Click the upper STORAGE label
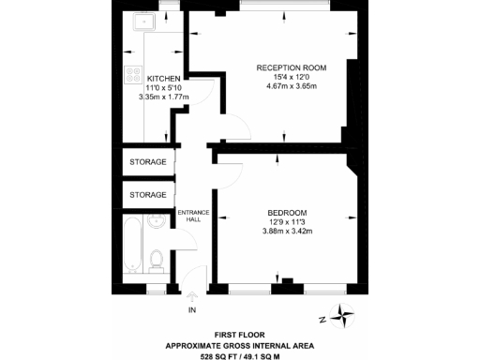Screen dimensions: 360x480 coord(148,162)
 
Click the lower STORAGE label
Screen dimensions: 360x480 coord(148,195)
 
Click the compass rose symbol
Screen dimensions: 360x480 coord(346,318)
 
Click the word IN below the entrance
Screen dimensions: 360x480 coord(193,309)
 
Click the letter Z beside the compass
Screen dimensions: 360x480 coord(322,319)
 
